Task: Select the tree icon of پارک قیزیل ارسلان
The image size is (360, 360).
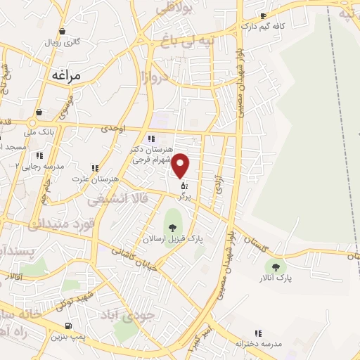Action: (x=172, y=226)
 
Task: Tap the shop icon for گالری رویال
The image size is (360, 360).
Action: (x=63, y=31)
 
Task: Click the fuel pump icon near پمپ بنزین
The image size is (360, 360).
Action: (x=68, y=325)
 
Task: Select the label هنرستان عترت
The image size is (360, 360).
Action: (x=94, y=179)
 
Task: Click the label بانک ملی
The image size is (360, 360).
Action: (x=39, y=131)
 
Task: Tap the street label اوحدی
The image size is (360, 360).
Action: (x=112, y=128)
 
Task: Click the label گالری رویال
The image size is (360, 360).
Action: (x=63, y=41)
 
